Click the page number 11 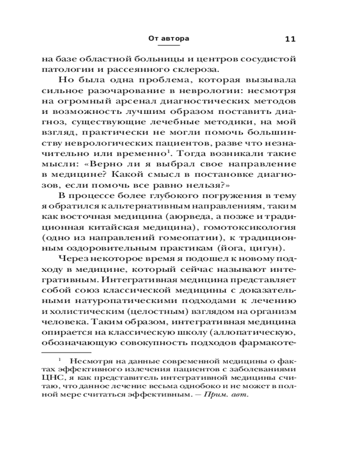290,39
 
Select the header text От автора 169,39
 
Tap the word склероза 186,70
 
